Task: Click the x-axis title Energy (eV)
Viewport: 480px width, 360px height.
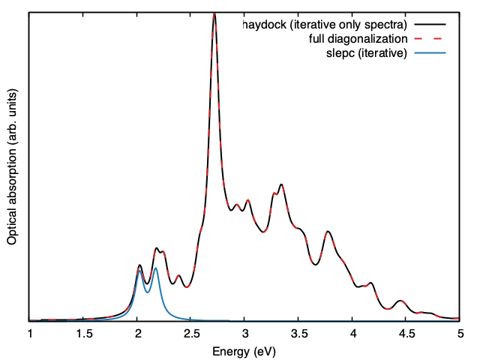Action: (244, 350)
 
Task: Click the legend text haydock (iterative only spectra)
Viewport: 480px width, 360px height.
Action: (324, 25)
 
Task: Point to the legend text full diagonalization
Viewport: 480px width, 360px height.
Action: (358, 38)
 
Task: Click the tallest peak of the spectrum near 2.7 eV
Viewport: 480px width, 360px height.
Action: (214, 14)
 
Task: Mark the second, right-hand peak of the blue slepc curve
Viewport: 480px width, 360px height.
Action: (155, 268)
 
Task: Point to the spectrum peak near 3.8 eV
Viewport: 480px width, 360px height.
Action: (328, 232)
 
